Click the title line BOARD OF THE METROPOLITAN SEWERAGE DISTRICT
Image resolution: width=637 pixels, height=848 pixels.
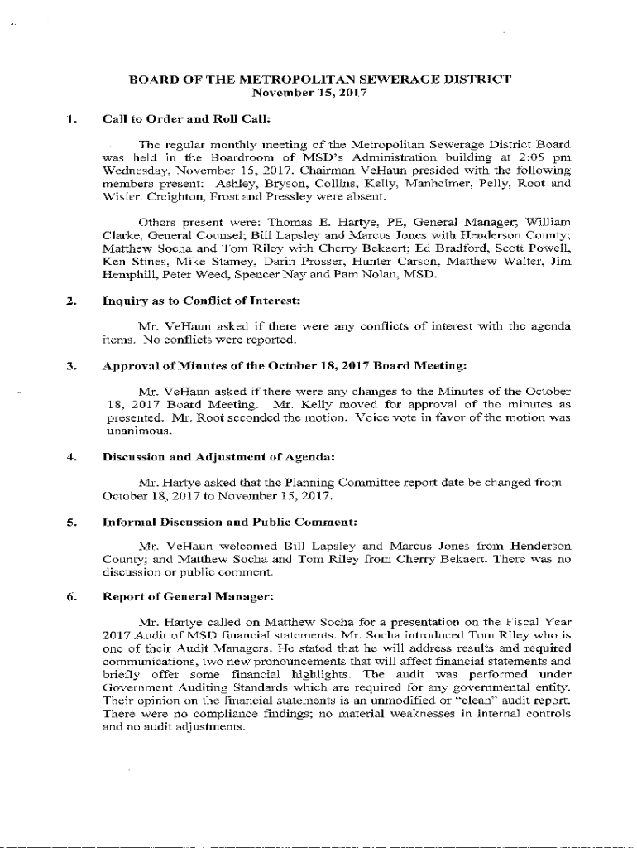click(x=319, y=80)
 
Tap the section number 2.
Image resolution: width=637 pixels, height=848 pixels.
click(x=72, y=300)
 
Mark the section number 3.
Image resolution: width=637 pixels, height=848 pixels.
click(x=72, y=364)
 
